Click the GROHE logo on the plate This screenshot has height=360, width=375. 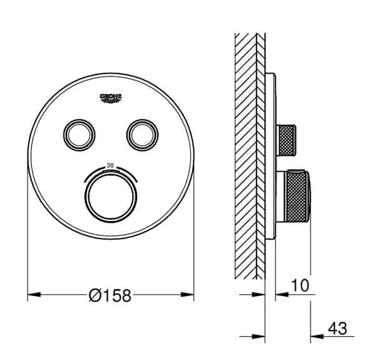click(110, 98)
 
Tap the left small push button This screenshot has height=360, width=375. click(79, 135)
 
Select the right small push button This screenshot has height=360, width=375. click(142, 135)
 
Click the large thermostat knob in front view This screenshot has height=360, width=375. click(111, 197)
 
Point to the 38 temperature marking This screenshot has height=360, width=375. click(110, 165)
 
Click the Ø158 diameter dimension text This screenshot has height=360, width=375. click(110, 295)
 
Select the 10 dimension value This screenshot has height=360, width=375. click(300, 285)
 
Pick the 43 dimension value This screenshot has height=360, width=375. click(337, 328)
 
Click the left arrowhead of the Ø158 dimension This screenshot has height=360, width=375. click(34, 294)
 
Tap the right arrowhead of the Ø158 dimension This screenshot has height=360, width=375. click(187, 294)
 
